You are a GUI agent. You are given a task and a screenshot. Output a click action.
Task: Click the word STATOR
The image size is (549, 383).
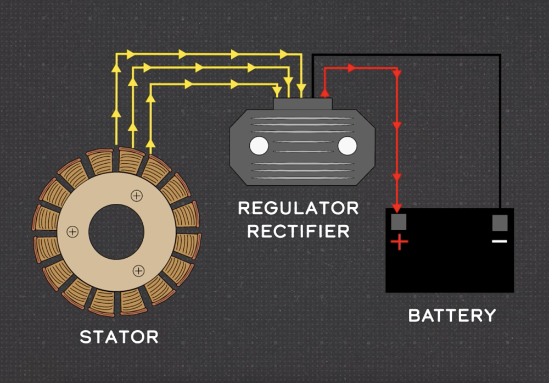(119, 336)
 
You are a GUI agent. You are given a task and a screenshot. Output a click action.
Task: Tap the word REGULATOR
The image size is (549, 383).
(298, 209)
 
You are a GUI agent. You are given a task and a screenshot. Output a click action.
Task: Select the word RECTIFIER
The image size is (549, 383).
(298, 231)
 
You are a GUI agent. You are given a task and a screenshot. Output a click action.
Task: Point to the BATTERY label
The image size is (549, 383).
(452, 315)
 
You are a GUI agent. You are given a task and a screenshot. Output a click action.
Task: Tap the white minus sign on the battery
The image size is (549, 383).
(499, 241)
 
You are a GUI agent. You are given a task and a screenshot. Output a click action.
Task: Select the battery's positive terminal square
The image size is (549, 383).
(399, 222)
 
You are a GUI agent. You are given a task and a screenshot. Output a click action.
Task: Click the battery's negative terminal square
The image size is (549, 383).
(500, 222)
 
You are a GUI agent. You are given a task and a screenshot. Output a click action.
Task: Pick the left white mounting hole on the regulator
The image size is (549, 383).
(259, 146)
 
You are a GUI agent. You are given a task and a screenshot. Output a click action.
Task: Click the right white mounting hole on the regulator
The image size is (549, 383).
(347, 146)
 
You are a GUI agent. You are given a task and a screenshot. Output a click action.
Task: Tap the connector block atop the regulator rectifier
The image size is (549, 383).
(302, 103)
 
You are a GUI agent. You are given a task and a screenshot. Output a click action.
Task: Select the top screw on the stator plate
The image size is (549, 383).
(136, 195)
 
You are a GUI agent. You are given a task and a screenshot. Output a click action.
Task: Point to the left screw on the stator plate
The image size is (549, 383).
(72, 231)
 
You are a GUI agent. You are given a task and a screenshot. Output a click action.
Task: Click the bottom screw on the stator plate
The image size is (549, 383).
(139, 270)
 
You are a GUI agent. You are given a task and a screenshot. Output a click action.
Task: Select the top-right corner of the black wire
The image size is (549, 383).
(500, 55)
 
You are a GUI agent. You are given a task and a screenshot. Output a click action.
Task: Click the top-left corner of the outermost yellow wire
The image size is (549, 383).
(116, 55)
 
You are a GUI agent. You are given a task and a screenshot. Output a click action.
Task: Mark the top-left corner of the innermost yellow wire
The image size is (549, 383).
(150, 85)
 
